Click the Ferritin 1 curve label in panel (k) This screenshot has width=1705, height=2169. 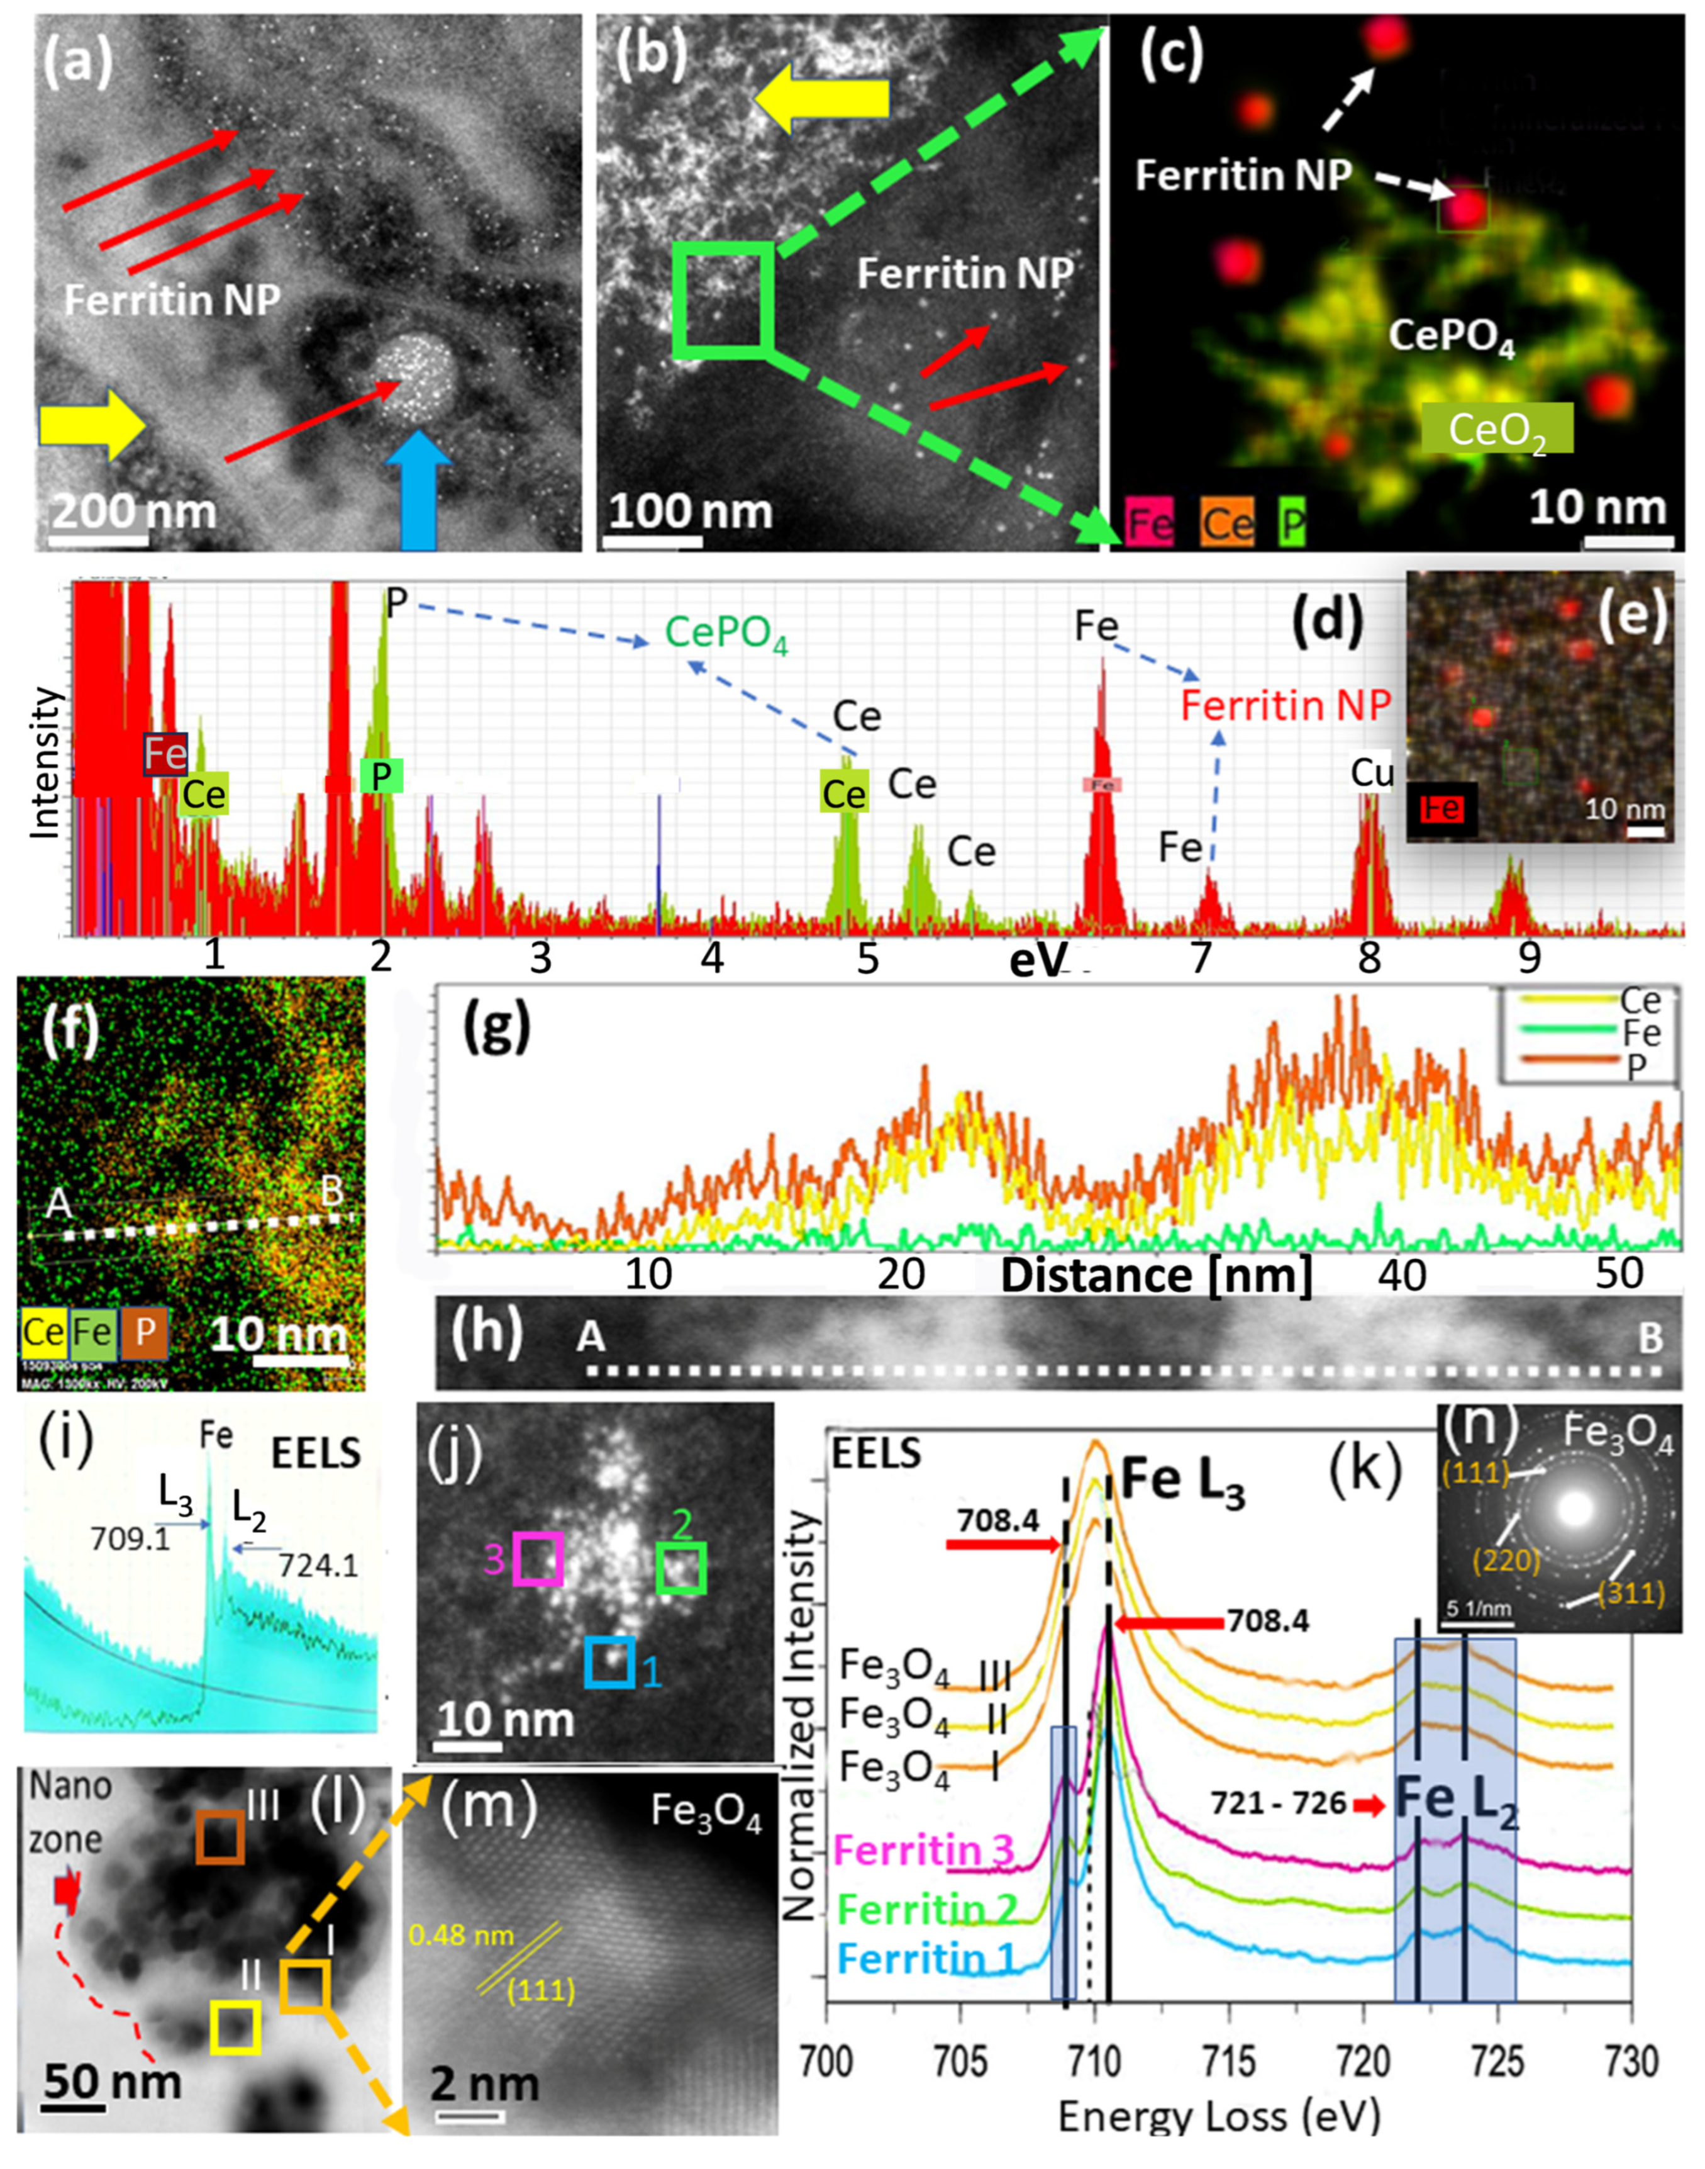926,1959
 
